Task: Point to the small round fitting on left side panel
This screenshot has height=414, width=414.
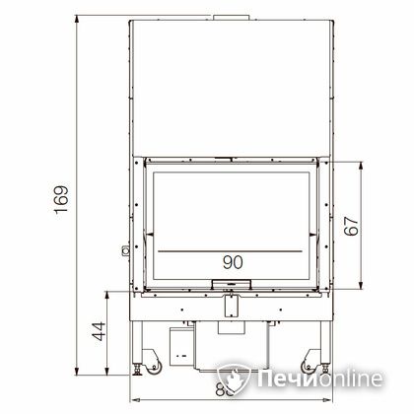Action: coord(124,251)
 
